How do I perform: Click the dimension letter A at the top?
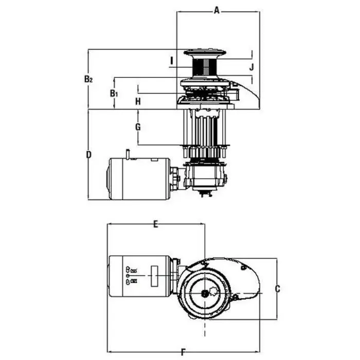tap(217, 9)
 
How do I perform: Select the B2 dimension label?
tap(88, 79)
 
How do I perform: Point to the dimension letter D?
tap(88, 154)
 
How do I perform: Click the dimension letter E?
tap(156, 224)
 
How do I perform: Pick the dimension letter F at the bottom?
tap(184, 352)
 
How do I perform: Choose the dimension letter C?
tap(277, 289)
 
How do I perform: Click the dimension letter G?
tap(138, 127)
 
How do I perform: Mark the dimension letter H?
tap(138, 101)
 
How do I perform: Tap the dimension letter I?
tap(171, 61)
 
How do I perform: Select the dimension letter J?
tap(251, 67)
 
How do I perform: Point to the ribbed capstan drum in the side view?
tap(206, 67)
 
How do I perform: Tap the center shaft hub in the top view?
tap(206, 293)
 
